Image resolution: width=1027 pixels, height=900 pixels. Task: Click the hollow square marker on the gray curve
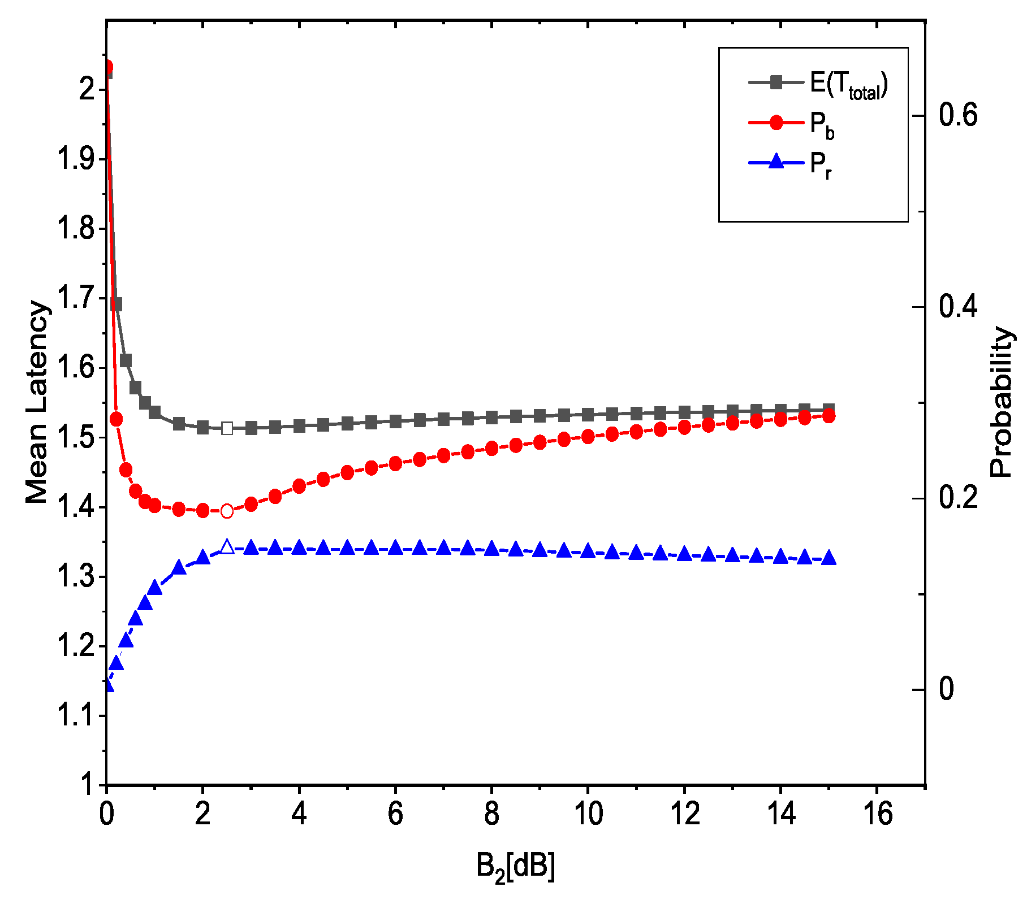(227, 428)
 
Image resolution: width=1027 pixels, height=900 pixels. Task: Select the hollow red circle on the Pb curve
(227, 511)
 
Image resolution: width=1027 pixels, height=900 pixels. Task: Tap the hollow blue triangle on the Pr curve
(227, 547)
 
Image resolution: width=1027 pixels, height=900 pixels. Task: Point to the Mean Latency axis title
(37, 402)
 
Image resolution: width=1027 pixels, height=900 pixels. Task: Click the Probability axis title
(1001, 402)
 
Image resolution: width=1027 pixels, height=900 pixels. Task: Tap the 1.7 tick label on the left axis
(76, 298)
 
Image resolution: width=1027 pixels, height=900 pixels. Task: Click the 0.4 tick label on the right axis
(958, 307)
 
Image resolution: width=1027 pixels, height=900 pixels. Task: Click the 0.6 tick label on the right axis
(958, 115)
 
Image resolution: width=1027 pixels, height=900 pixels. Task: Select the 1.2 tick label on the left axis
(76, 646)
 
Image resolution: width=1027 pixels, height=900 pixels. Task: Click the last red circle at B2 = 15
(829, 416)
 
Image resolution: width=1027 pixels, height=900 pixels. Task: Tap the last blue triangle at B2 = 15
(829, 558)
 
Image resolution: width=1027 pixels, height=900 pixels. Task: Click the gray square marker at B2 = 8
(491, 418)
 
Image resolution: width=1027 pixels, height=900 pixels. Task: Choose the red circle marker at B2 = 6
(395, 464)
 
